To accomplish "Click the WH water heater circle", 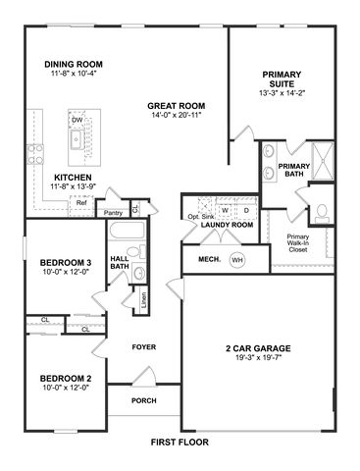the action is click(237, 260).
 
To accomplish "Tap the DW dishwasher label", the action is click(77, 120).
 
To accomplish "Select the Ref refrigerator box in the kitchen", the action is click(81, 206).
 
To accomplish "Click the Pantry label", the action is click(113, 213).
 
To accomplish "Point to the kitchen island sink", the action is click(77, 138).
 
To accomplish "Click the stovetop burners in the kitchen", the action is click(35, 154).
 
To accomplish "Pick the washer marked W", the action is click(225, 210).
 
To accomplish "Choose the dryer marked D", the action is click(247, 210).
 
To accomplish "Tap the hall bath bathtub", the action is click(127, 231).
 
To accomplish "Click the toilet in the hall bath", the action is click(136, 251).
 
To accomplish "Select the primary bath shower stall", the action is click(323, 161).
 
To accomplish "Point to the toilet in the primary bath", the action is click(322, 212).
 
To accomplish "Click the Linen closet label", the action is click(144, 300).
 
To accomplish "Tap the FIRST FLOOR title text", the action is click(180, 443).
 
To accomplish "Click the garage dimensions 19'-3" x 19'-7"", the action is click(258, 357).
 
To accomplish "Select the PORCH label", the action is click(144, 400).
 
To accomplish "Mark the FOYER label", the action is click(144, 347).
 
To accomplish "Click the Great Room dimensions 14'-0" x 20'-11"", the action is click(177, 115).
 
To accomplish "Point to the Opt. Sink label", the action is click(201, 217).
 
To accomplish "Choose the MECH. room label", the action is click(209, 260).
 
